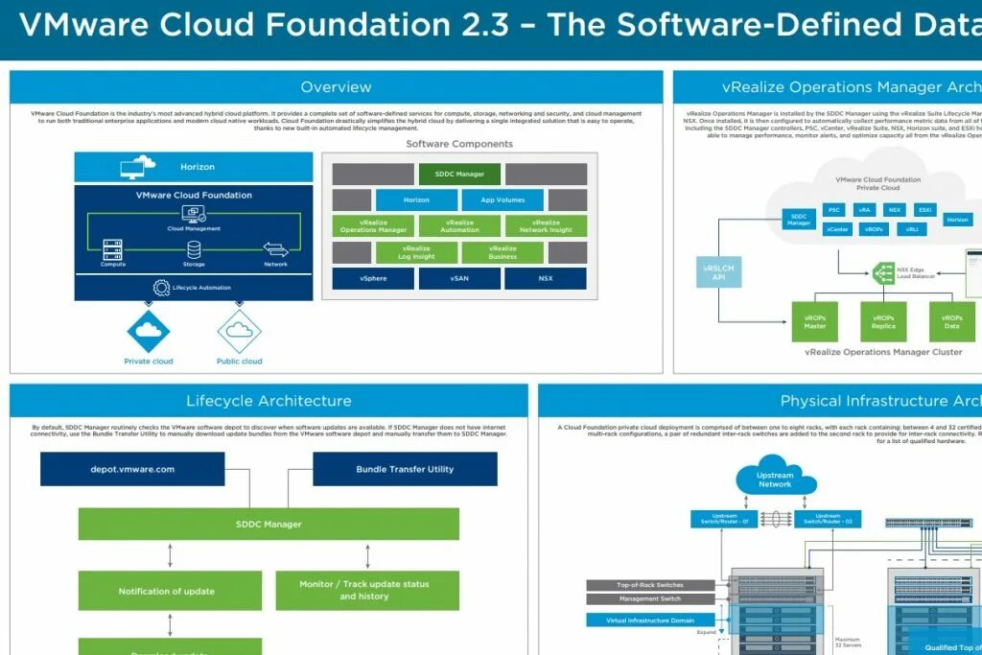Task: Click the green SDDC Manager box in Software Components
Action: pos(458,174)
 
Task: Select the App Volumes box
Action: pos(502,199)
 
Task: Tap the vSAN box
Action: pos(458,278)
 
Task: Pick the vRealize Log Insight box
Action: pos(416,252)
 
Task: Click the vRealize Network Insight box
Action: pos(545,225)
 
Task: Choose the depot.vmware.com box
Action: pos(132,469)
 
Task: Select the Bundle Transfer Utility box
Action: pos(405,469)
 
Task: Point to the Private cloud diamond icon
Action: pos(149,331)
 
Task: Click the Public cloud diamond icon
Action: pos(239,332)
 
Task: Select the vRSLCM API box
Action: pos(717,273)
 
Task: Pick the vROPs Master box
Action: pos(814,321)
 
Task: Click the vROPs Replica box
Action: pos(883,321)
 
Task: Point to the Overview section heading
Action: pos(336,87)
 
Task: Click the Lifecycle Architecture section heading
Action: pos(269,401)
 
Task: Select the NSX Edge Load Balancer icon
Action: pos(883,273)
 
